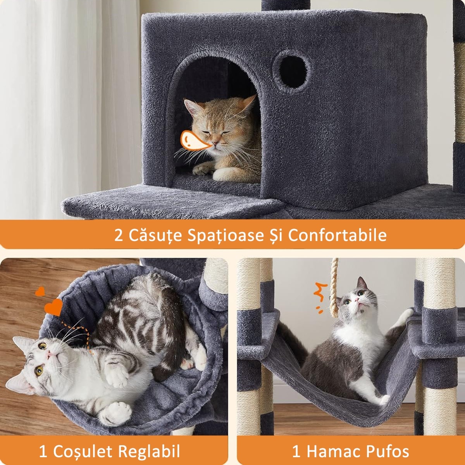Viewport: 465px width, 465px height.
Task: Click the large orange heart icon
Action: (x=53, y=307)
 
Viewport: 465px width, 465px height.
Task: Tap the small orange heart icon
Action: (x=40, y=291)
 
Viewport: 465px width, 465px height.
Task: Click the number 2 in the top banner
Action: (x=118, y=235)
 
